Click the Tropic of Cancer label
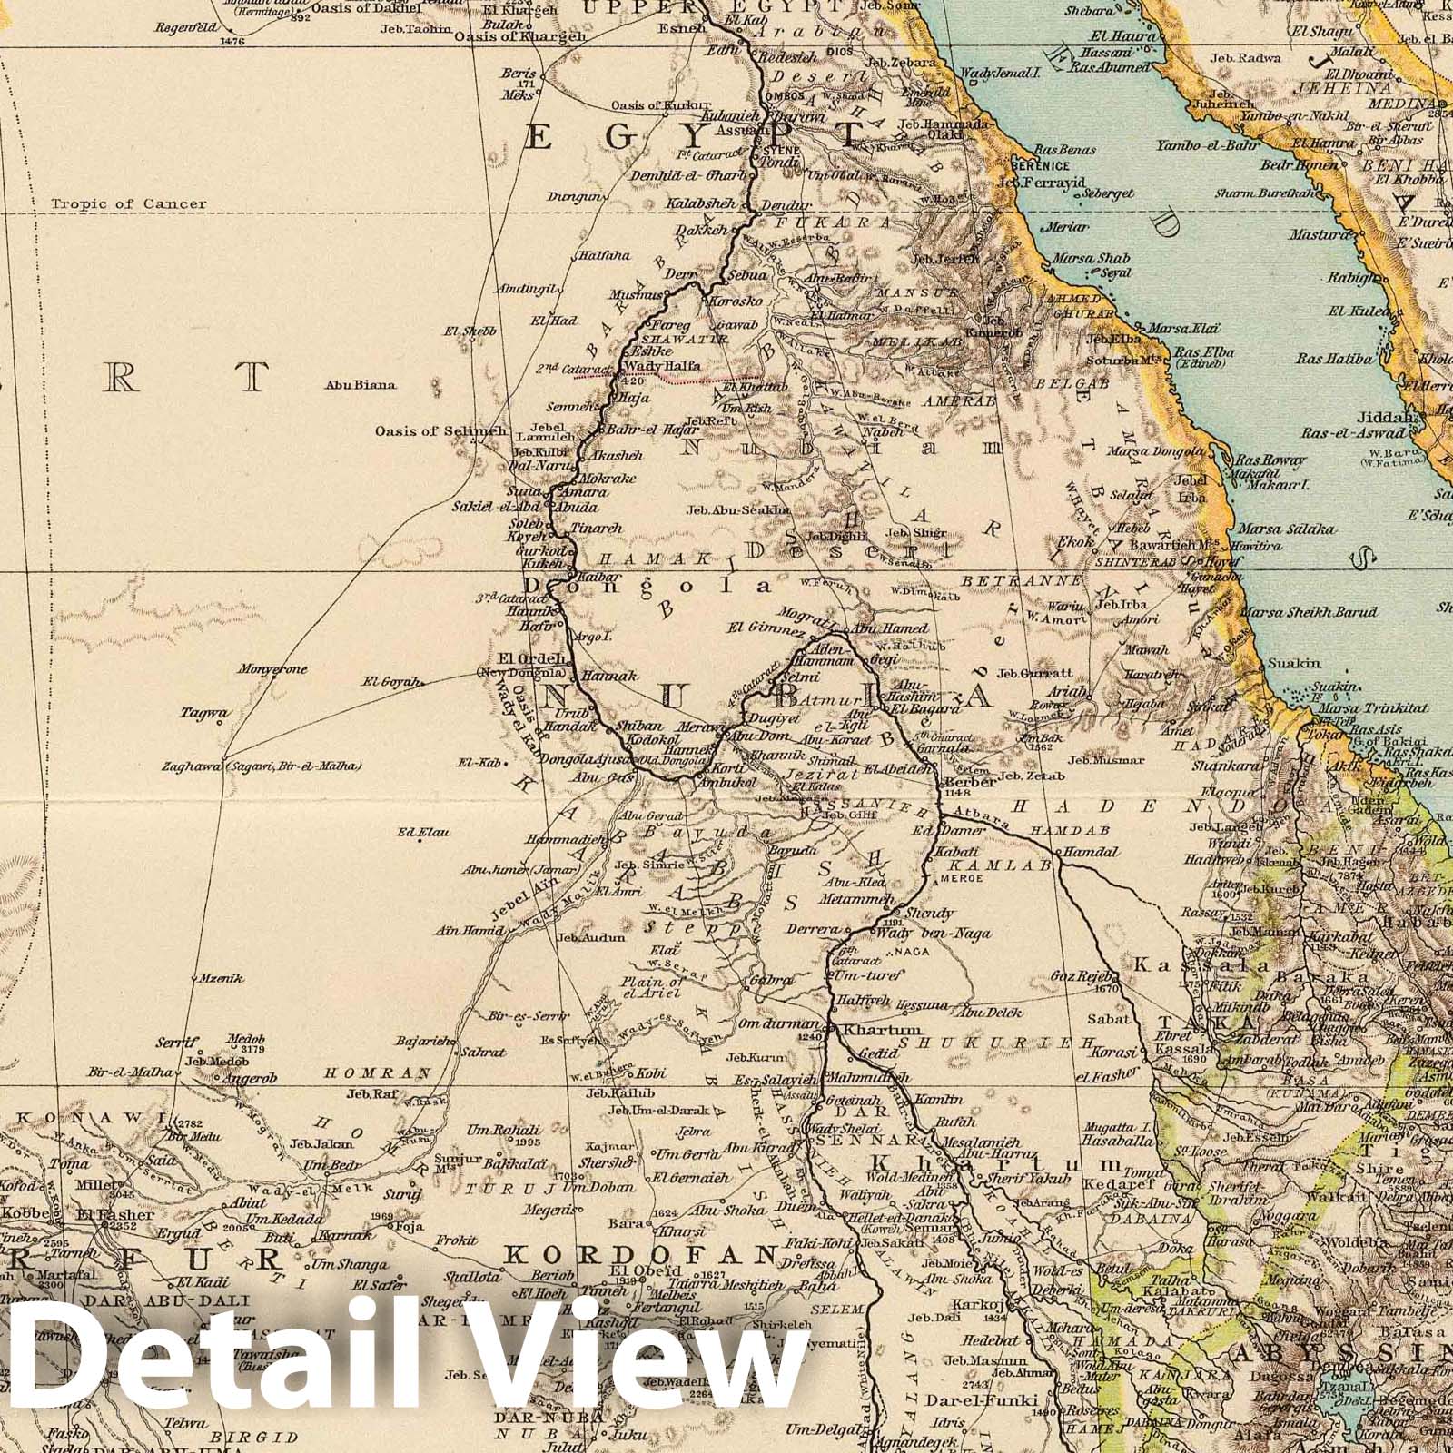click(x=129, y=204)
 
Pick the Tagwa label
click(x=206, y=714)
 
